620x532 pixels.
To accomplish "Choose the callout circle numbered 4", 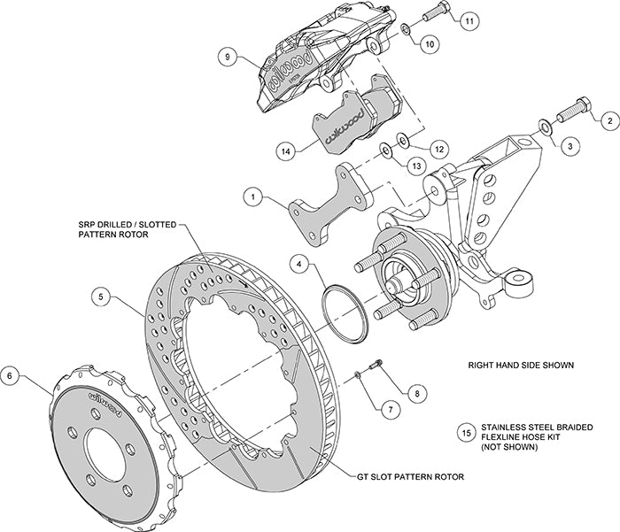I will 301,263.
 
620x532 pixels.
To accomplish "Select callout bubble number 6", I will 12,375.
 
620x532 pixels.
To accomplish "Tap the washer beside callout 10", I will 404,29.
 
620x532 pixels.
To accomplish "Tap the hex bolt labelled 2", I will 573,109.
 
